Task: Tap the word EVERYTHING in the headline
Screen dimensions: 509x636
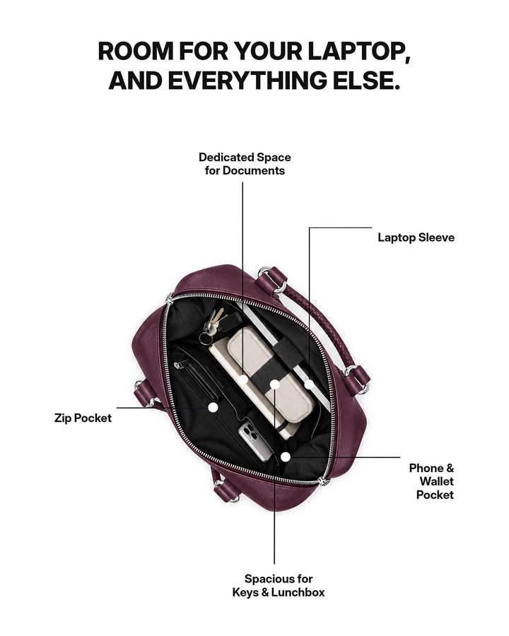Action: pos(247,81)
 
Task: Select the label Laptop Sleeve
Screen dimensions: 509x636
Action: pos(416,237)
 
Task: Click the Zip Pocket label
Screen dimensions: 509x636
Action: pos(83,418)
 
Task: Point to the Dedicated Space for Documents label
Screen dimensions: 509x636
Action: pos(245,164)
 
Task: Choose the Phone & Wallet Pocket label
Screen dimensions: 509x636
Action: pos(431,481)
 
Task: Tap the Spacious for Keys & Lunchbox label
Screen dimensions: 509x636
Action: pos(279,585)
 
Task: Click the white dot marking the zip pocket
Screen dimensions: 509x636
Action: pos(213,407)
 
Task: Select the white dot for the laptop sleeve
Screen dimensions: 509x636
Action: pos(310,384)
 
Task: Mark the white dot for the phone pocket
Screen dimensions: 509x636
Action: pos(286,457)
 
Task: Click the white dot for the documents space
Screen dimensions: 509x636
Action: pos(243,380)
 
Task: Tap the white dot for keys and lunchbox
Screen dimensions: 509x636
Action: pos(275,384)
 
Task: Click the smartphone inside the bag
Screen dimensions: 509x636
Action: pos(255,441)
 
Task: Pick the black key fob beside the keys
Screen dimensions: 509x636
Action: pos(231,321)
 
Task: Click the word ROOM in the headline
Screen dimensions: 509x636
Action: pos(136,52)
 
